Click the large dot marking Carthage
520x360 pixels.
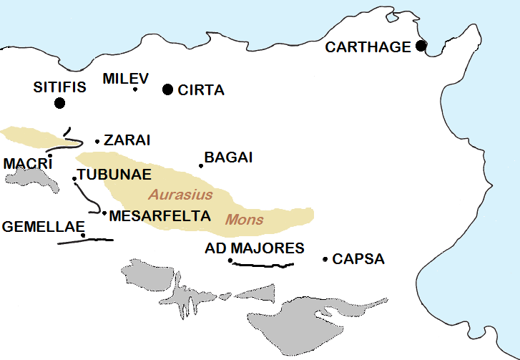(421, 47)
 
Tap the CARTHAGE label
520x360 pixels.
(368, 47)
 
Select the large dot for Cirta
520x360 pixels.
(167, 89)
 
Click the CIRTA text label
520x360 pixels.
(201, 90)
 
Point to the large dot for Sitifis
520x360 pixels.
(59, 103)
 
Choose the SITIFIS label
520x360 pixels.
(59, 87)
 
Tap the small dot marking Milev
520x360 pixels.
(135, 89)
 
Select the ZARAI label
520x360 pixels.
(127, 140)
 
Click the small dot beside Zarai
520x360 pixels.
(97, 141)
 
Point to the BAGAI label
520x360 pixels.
(228, 157)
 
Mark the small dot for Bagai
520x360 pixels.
(201, 166)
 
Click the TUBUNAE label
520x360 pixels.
(114, 175)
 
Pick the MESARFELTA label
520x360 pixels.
(160, 215)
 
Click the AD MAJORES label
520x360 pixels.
(255, 248)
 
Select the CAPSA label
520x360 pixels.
(358, 259)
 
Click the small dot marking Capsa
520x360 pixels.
(325, 259)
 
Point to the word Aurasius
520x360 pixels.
(180, 194)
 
